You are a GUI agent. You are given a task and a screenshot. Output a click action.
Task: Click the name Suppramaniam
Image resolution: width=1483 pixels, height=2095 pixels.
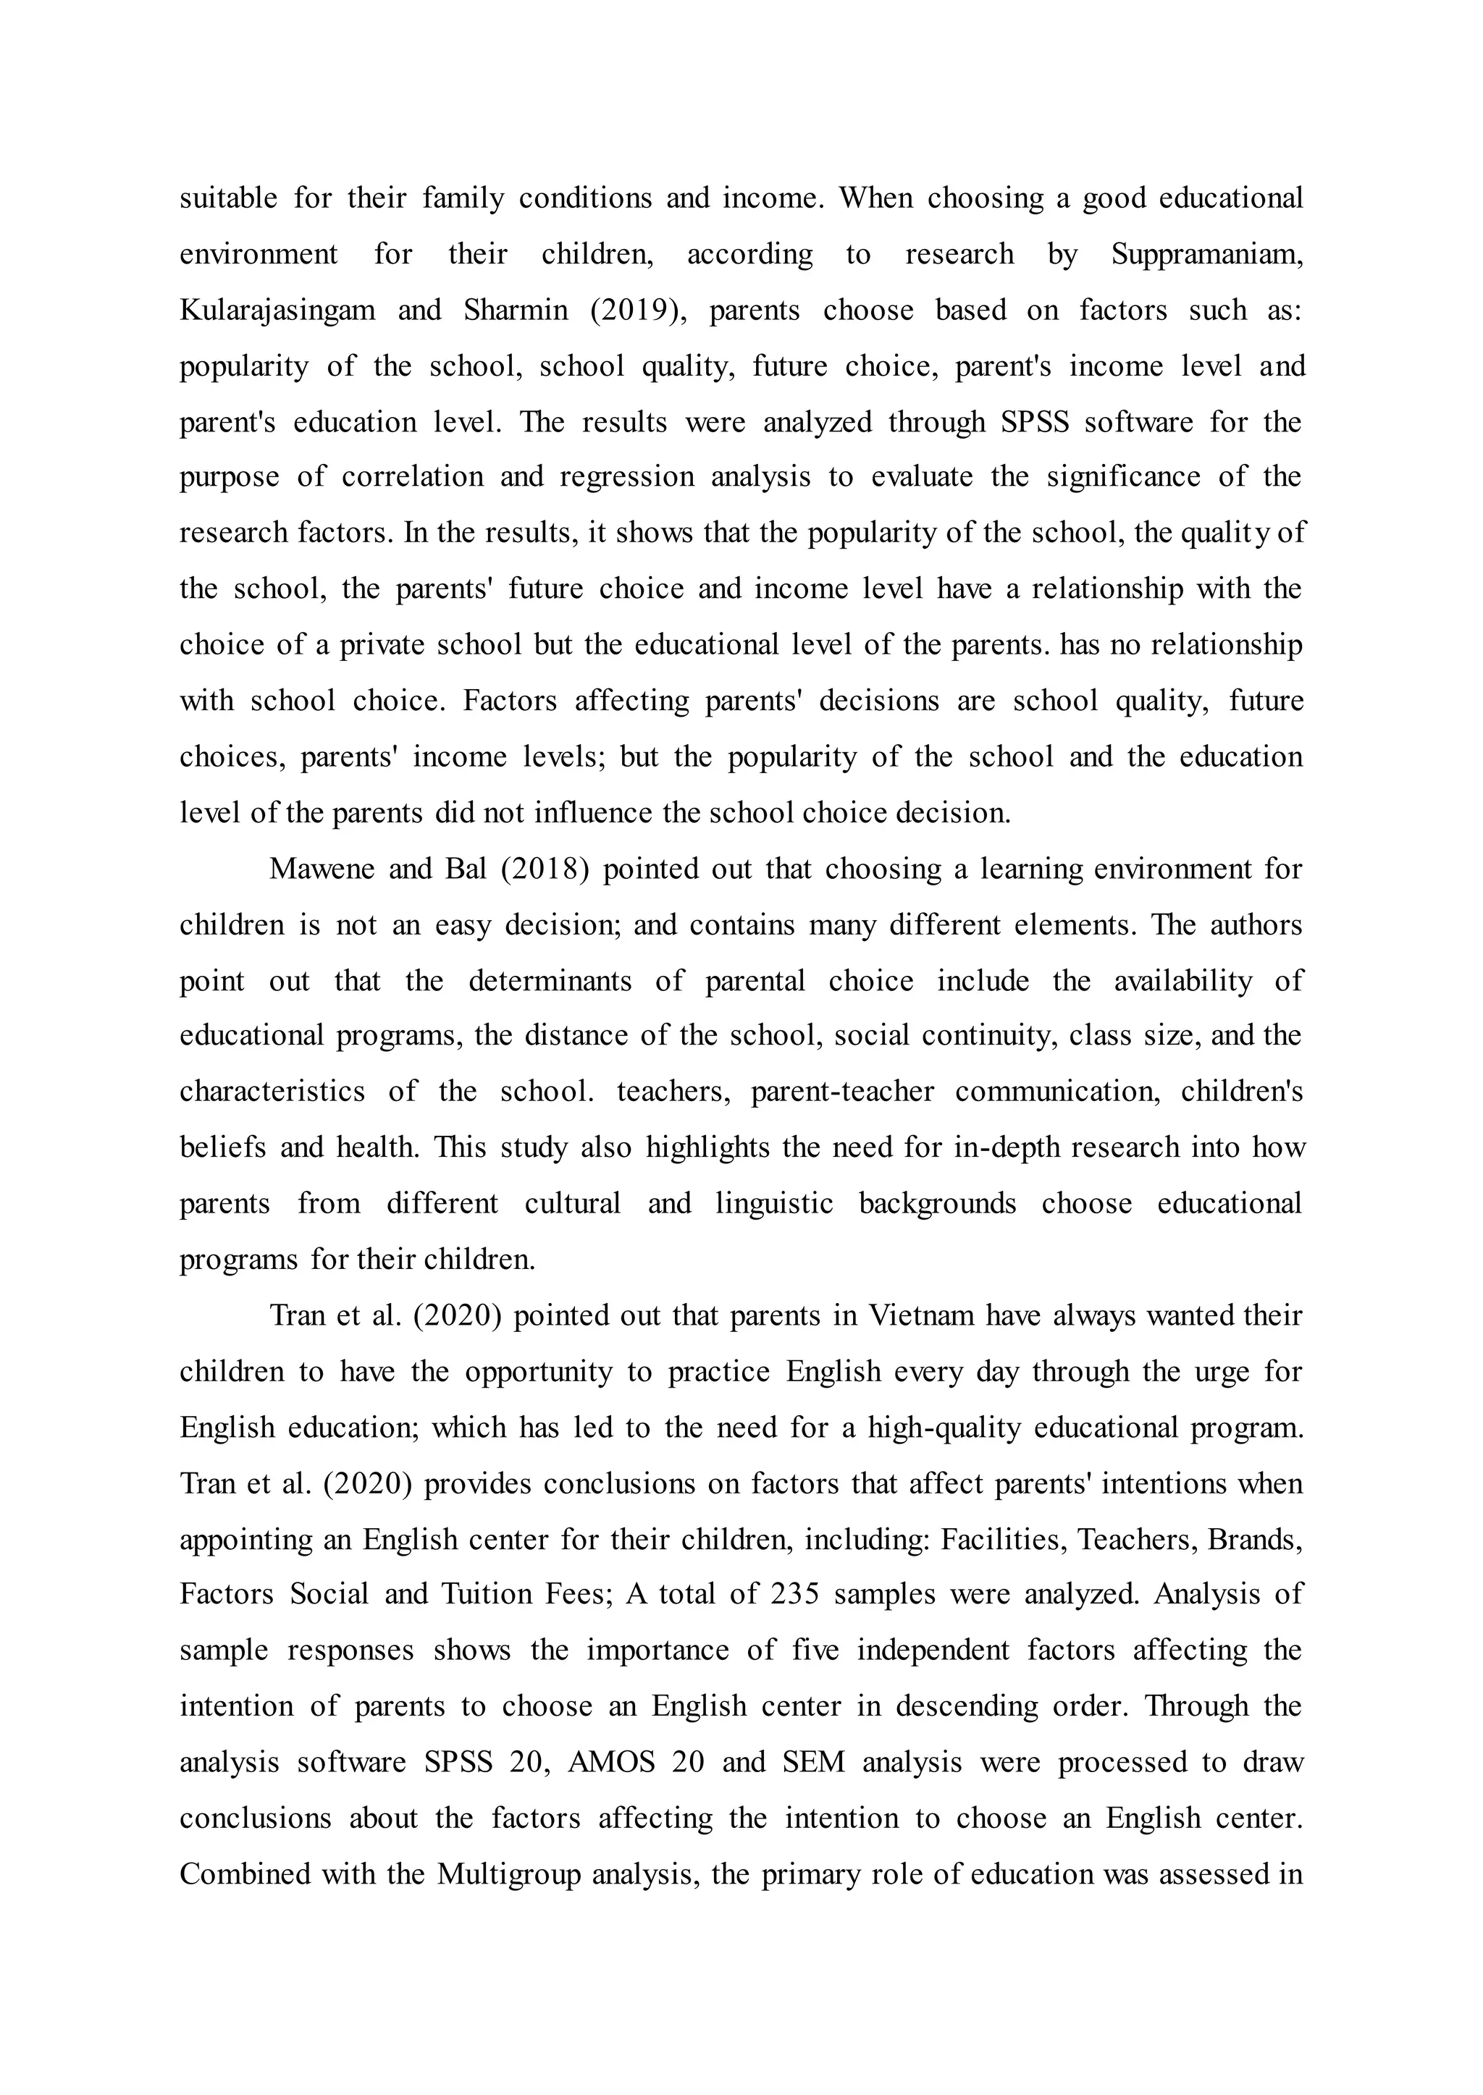click(1207, 255)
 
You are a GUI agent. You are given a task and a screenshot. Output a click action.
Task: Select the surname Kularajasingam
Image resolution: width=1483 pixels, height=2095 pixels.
click(277, 311)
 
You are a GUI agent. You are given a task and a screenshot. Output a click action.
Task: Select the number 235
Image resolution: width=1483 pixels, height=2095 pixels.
click(794, 1594)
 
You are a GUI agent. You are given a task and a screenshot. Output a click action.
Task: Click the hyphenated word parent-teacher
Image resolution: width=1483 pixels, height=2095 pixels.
click(842, 1092)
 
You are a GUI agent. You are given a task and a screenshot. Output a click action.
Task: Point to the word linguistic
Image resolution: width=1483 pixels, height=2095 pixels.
click(774, 1203)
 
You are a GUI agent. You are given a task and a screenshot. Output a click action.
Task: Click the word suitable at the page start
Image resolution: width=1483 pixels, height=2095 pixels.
click(228, 198)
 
